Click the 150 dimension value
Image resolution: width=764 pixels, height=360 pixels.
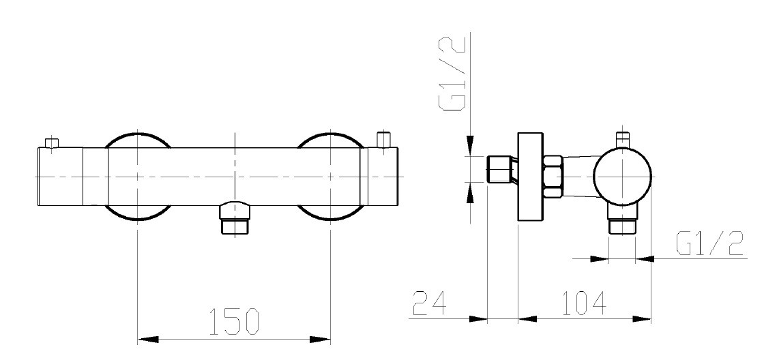(235, 322)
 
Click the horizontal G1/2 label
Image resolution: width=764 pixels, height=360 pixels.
(710, 243)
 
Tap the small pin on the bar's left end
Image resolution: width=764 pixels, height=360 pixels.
(51, 143)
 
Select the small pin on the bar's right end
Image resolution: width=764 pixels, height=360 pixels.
(385, 139)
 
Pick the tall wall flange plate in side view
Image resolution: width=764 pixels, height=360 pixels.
(530, 177)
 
